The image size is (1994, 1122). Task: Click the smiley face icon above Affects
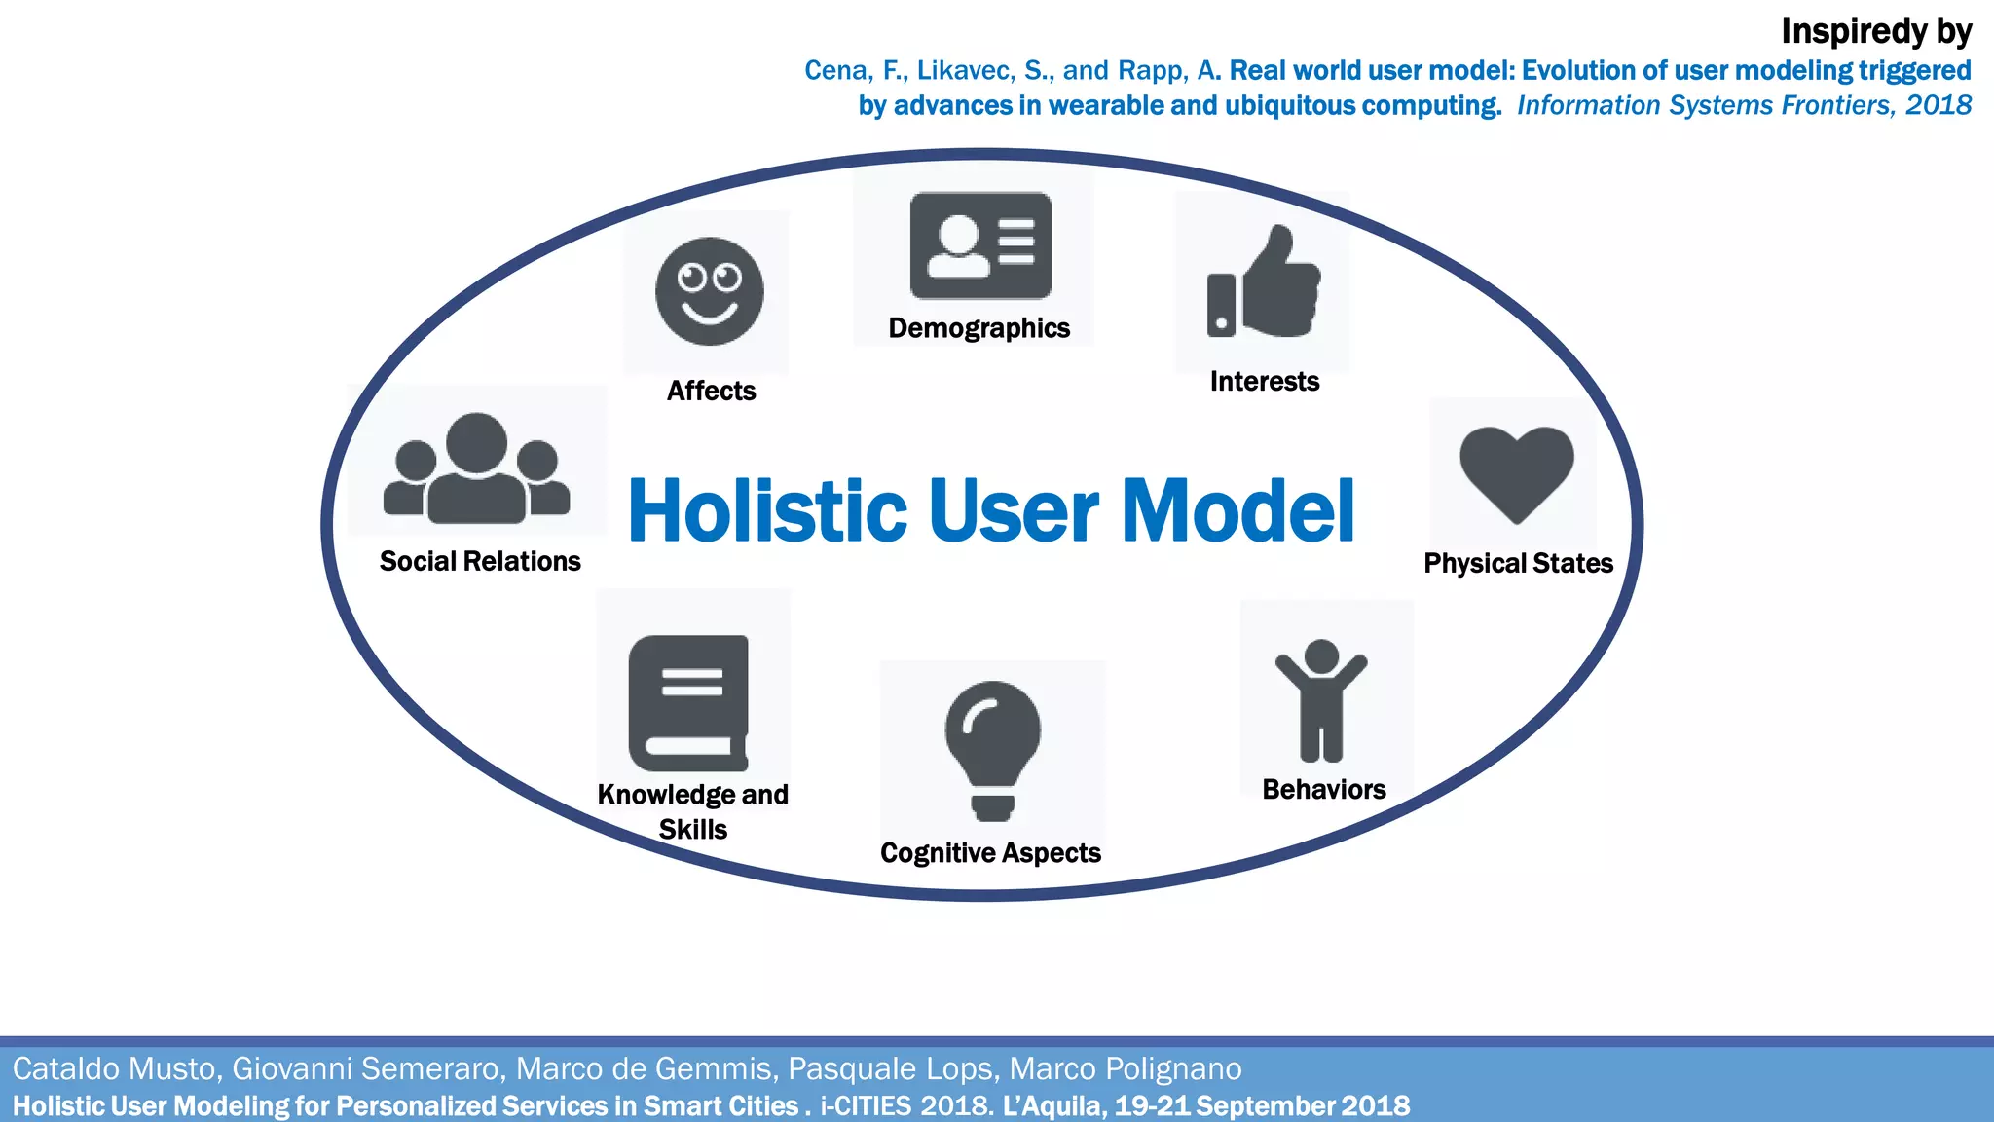tap(709, 291)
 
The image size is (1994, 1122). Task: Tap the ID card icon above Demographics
tap(979, 245)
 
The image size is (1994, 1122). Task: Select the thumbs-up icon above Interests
tap(1264, 282)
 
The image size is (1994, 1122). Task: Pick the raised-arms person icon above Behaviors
tap(1321, 699)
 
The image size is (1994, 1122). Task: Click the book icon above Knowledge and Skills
tap(689, 703)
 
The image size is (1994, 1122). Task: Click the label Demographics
tap(979, 328)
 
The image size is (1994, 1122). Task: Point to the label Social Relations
tap(480, 561)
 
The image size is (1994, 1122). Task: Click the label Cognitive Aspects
tap(990, 853)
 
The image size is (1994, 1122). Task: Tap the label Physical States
tap(1518, 563)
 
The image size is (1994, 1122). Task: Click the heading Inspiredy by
tap(1875, 32)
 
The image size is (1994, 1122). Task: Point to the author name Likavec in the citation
tap(966, 71)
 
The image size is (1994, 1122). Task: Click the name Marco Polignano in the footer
tap(1126, 1068)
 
